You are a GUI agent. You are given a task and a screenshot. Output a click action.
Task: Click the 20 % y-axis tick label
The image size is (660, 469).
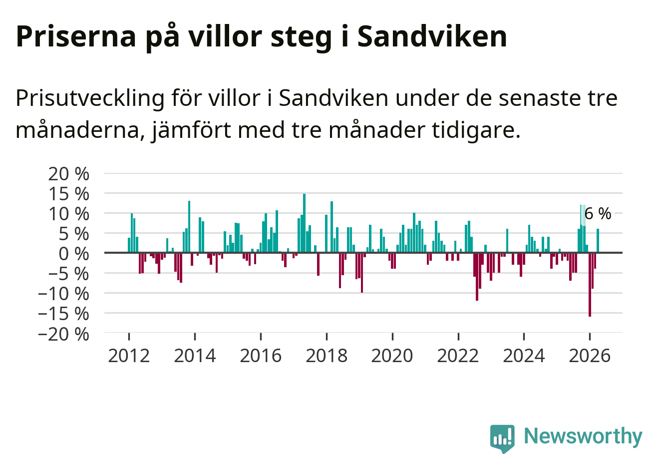point(68,174)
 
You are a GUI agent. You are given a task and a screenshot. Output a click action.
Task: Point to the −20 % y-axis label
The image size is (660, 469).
point(63,334)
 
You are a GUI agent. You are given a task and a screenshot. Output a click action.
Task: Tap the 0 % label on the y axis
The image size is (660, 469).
point(74,254)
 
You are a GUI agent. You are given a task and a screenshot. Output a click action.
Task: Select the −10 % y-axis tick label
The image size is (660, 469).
point(63,294)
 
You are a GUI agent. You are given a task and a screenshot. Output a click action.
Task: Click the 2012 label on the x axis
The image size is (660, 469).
point(129,356)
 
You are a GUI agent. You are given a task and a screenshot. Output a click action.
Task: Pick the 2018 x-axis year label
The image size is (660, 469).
point(327,356)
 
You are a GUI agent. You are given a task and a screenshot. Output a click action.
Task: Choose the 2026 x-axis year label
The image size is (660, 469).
point(590,356)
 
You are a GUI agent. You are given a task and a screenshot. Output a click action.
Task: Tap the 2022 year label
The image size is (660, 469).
point(458,356)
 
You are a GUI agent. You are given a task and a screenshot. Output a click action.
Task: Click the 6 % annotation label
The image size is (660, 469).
point(598,213)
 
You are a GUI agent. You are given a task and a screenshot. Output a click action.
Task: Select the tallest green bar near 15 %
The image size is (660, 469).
point(305,223)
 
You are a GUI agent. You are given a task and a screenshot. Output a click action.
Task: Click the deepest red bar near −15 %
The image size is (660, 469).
point(590,285)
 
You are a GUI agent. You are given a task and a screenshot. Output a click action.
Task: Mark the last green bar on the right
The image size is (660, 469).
point(598,241)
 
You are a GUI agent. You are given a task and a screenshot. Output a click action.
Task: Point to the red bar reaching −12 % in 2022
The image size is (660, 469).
point(477,277)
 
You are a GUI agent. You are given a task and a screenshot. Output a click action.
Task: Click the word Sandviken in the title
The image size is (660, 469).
point(432,36)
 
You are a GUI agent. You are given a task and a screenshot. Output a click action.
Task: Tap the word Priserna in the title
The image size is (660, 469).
point(76,36)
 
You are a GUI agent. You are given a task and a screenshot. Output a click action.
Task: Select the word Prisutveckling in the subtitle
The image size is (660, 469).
point(90,99)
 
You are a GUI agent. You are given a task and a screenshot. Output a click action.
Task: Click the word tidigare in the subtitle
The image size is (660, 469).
point(476,130)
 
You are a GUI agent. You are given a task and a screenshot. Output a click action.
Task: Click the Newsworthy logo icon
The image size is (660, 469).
point(502,439)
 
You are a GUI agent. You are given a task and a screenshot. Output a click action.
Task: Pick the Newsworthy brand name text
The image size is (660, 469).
point(583,436)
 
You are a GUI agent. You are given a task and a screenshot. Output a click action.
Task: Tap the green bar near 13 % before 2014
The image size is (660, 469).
point(189,227)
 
